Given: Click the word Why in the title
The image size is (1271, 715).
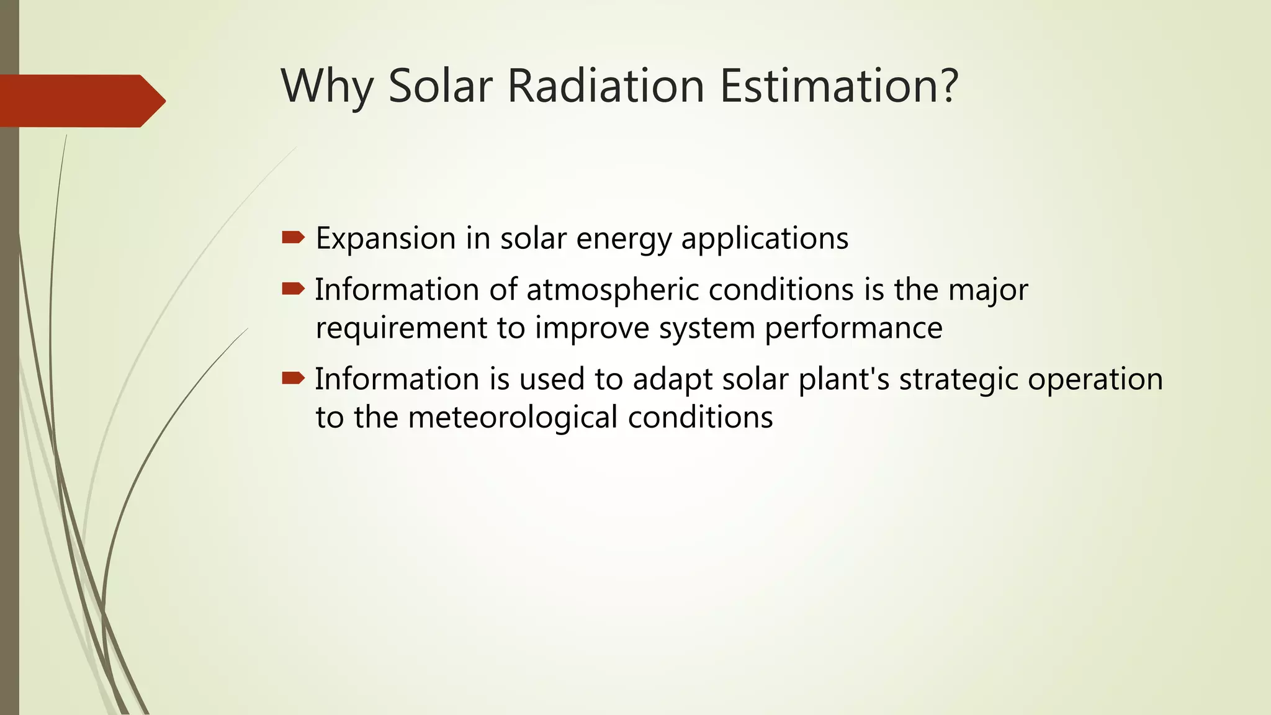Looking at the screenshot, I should point(326,86).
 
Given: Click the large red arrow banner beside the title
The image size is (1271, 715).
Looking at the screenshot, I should point(81,101).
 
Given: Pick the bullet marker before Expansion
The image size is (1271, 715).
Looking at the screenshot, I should point(293,237).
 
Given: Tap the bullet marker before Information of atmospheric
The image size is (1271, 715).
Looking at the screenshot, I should point(293,289).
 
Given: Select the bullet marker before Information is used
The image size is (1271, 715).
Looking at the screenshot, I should point(293,378).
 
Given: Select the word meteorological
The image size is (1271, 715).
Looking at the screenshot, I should point(513,417).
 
